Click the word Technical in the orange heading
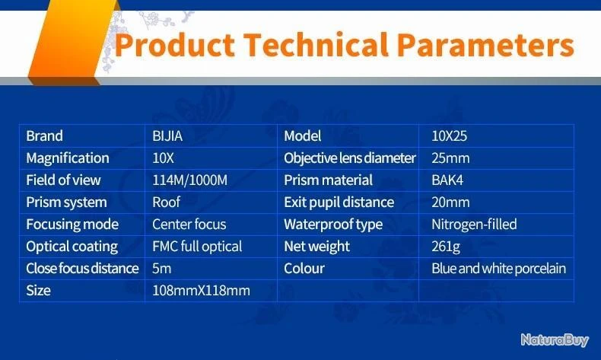[x=316, y=44]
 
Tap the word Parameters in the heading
[x=485, y=44]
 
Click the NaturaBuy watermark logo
[x=555, y=339]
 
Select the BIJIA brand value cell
[x=167, y=136]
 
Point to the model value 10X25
[x=449, y=136]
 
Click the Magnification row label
[x=68, y=158]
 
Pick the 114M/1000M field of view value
[x=189, y=180]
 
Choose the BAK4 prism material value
[x=447, y=180]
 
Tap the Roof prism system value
[x=166, y=202]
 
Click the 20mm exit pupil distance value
[x=450, y=202]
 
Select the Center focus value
[x=189, y=225]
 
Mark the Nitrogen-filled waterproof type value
[x=474, y=225]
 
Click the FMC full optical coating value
[x=197, y=247]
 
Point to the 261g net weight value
[x=445, y=247]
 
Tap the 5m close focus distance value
[x=161, y=269]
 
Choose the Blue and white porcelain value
[x=498, y=269]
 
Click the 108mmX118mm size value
[x=201, y=291]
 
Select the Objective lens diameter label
[x=349, y=158]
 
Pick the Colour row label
[x=304, y=269]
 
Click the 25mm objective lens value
[x=450, y=158]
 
